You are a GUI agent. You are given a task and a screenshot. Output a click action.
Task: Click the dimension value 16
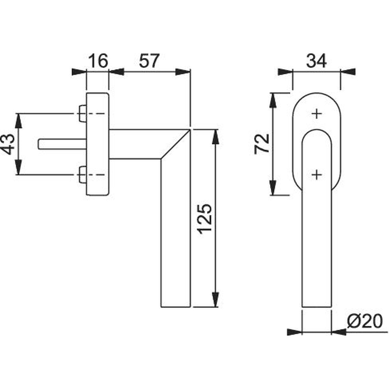coord(98,61)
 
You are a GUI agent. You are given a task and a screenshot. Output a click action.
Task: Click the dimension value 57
coord(149,61)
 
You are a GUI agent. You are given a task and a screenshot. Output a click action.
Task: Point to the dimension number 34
coord(316,61)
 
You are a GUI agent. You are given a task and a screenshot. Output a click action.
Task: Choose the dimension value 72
coord(262,144)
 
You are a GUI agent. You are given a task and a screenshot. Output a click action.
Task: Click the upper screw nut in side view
coord(82,114)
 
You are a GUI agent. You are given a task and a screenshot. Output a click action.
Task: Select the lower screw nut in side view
coord(82,175)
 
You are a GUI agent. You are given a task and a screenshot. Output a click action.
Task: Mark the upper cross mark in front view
coord(317,114)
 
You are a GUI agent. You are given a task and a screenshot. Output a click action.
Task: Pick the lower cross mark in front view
coord(317,175)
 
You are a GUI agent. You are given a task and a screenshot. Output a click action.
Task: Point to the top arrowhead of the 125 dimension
coord(216,137)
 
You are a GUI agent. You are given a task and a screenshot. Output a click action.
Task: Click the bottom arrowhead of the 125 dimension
coord(216,300)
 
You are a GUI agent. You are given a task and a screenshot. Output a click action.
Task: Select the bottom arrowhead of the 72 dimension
coord(273,188)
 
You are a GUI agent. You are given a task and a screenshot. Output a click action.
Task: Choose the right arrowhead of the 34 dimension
coord(348,72)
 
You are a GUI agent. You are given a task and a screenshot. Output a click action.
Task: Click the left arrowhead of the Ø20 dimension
coord(294,332)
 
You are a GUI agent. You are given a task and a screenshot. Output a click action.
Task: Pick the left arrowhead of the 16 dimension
coord(79,72)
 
